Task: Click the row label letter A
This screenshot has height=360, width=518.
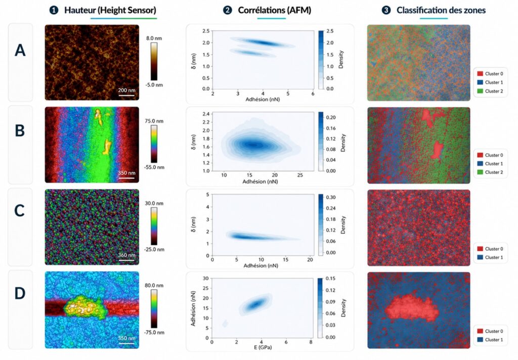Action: pyautogui.click(x=20, y=50)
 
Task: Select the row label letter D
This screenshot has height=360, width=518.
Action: pyautogui.click(x=20, y=293)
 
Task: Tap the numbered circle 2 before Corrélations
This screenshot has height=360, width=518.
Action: pyautogui.click(x=227, y=10)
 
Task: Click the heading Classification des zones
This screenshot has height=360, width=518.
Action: pyautogui.click(x=441, y=10)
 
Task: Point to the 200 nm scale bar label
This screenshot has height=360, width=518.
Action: pyautogui.click(x=127, y=90)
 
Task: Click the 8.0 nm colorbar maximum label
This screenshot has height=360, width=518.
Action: pyautogui.click(x=154, y=38)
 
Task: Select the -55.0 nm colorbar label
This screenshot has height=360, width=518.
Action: pyautogui.click(x=154, y=167)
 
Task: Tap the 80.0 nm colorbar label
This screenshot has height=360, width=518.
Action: pyautogui.click(x=154, y=285)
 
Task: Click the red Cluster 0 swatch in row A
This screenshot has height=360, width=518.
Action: pyautogui.click(x=480, y=74)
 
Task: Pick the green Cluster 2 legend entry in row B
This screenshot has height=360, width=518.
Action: pyautogui.click(x=490, y=172)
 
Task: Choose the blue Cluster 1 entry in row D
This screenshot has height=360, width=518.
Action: pyautogui.click(x=490, y=340)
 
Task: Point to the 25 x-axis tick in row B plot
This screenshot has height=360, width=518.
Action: pyautogui.click(x=300, y=175)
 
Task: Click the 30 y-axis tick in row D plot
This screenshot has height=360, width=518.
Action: pyautogui.click(x=206, y=278)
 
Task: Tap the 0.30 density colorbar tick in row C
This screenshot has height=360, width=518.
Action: pyautogui.click(x=331, y=197)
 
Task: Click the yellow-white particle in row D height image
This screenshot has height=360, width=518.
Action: pyautogui.click(x=85, y=307)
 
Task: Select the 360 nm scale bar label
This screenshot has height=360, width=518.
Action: pyautogui.click(x=127, y=255)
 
